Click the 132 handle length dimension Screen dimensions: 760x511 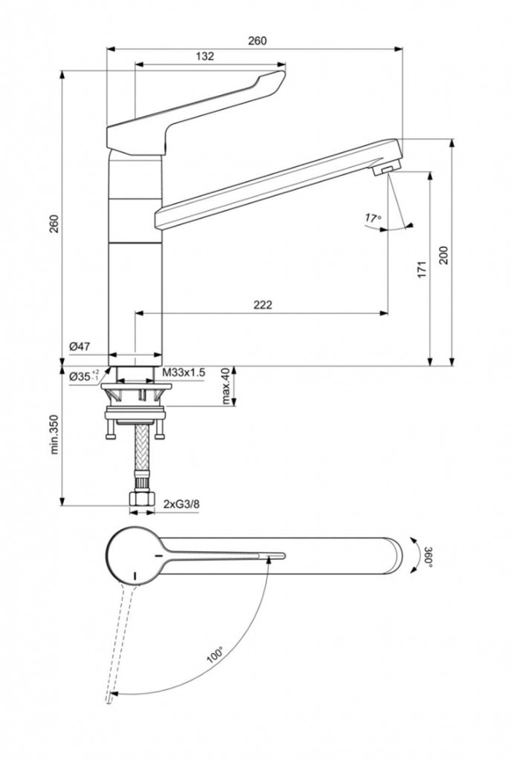[205, 56]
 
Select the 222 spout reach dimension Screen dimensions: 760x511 [262, 304]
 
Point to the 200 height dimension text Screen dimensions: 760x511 [443, 255]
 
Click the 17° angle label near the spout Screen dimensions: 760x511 [372, 218]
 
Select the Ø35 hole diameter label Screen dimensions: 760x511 [83, 376]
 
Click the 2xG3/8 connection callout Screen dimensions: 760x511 [181, 505]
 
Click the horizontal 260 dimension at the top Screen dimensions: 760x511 [256, 41]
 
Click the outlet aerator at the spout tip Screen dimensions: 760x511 [385, 171]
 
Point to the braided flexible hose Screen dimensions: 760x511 [137, 456]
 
